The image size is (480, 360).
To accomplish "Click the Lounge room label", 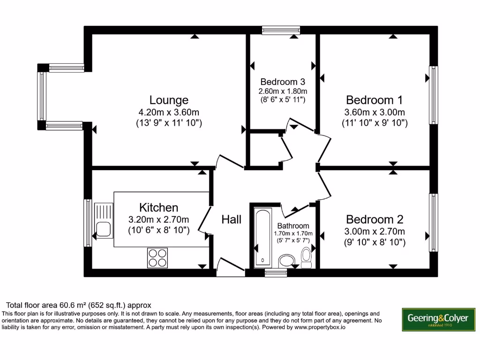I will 169,100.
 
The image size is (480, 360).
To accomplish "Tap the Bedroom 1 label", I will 374,100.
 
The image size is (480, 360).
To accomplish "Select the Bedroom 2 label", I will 374,219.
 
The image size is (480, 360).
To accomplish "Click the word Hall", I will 231,219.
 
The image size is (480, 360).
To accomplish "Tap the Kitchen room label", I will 158,207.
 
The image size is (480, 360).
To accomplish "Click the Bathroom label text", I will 293,225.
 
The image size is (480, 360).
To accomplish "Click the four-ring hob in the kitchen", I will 157,257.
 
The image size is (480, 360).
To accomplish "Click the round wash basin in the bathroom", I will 285,261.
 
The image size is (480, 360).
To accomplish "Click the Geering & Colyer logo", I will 438,320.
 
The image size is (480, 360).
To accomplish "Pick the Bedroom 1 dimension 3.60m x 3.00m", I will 374,112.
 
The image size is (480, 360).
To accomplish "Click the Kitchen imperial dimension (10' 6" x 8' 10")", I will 158,230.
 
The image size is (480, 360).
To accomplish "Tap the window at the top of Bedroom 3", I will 280,31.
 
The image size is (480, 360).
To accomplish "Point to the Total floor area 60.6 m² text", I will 79,305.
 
